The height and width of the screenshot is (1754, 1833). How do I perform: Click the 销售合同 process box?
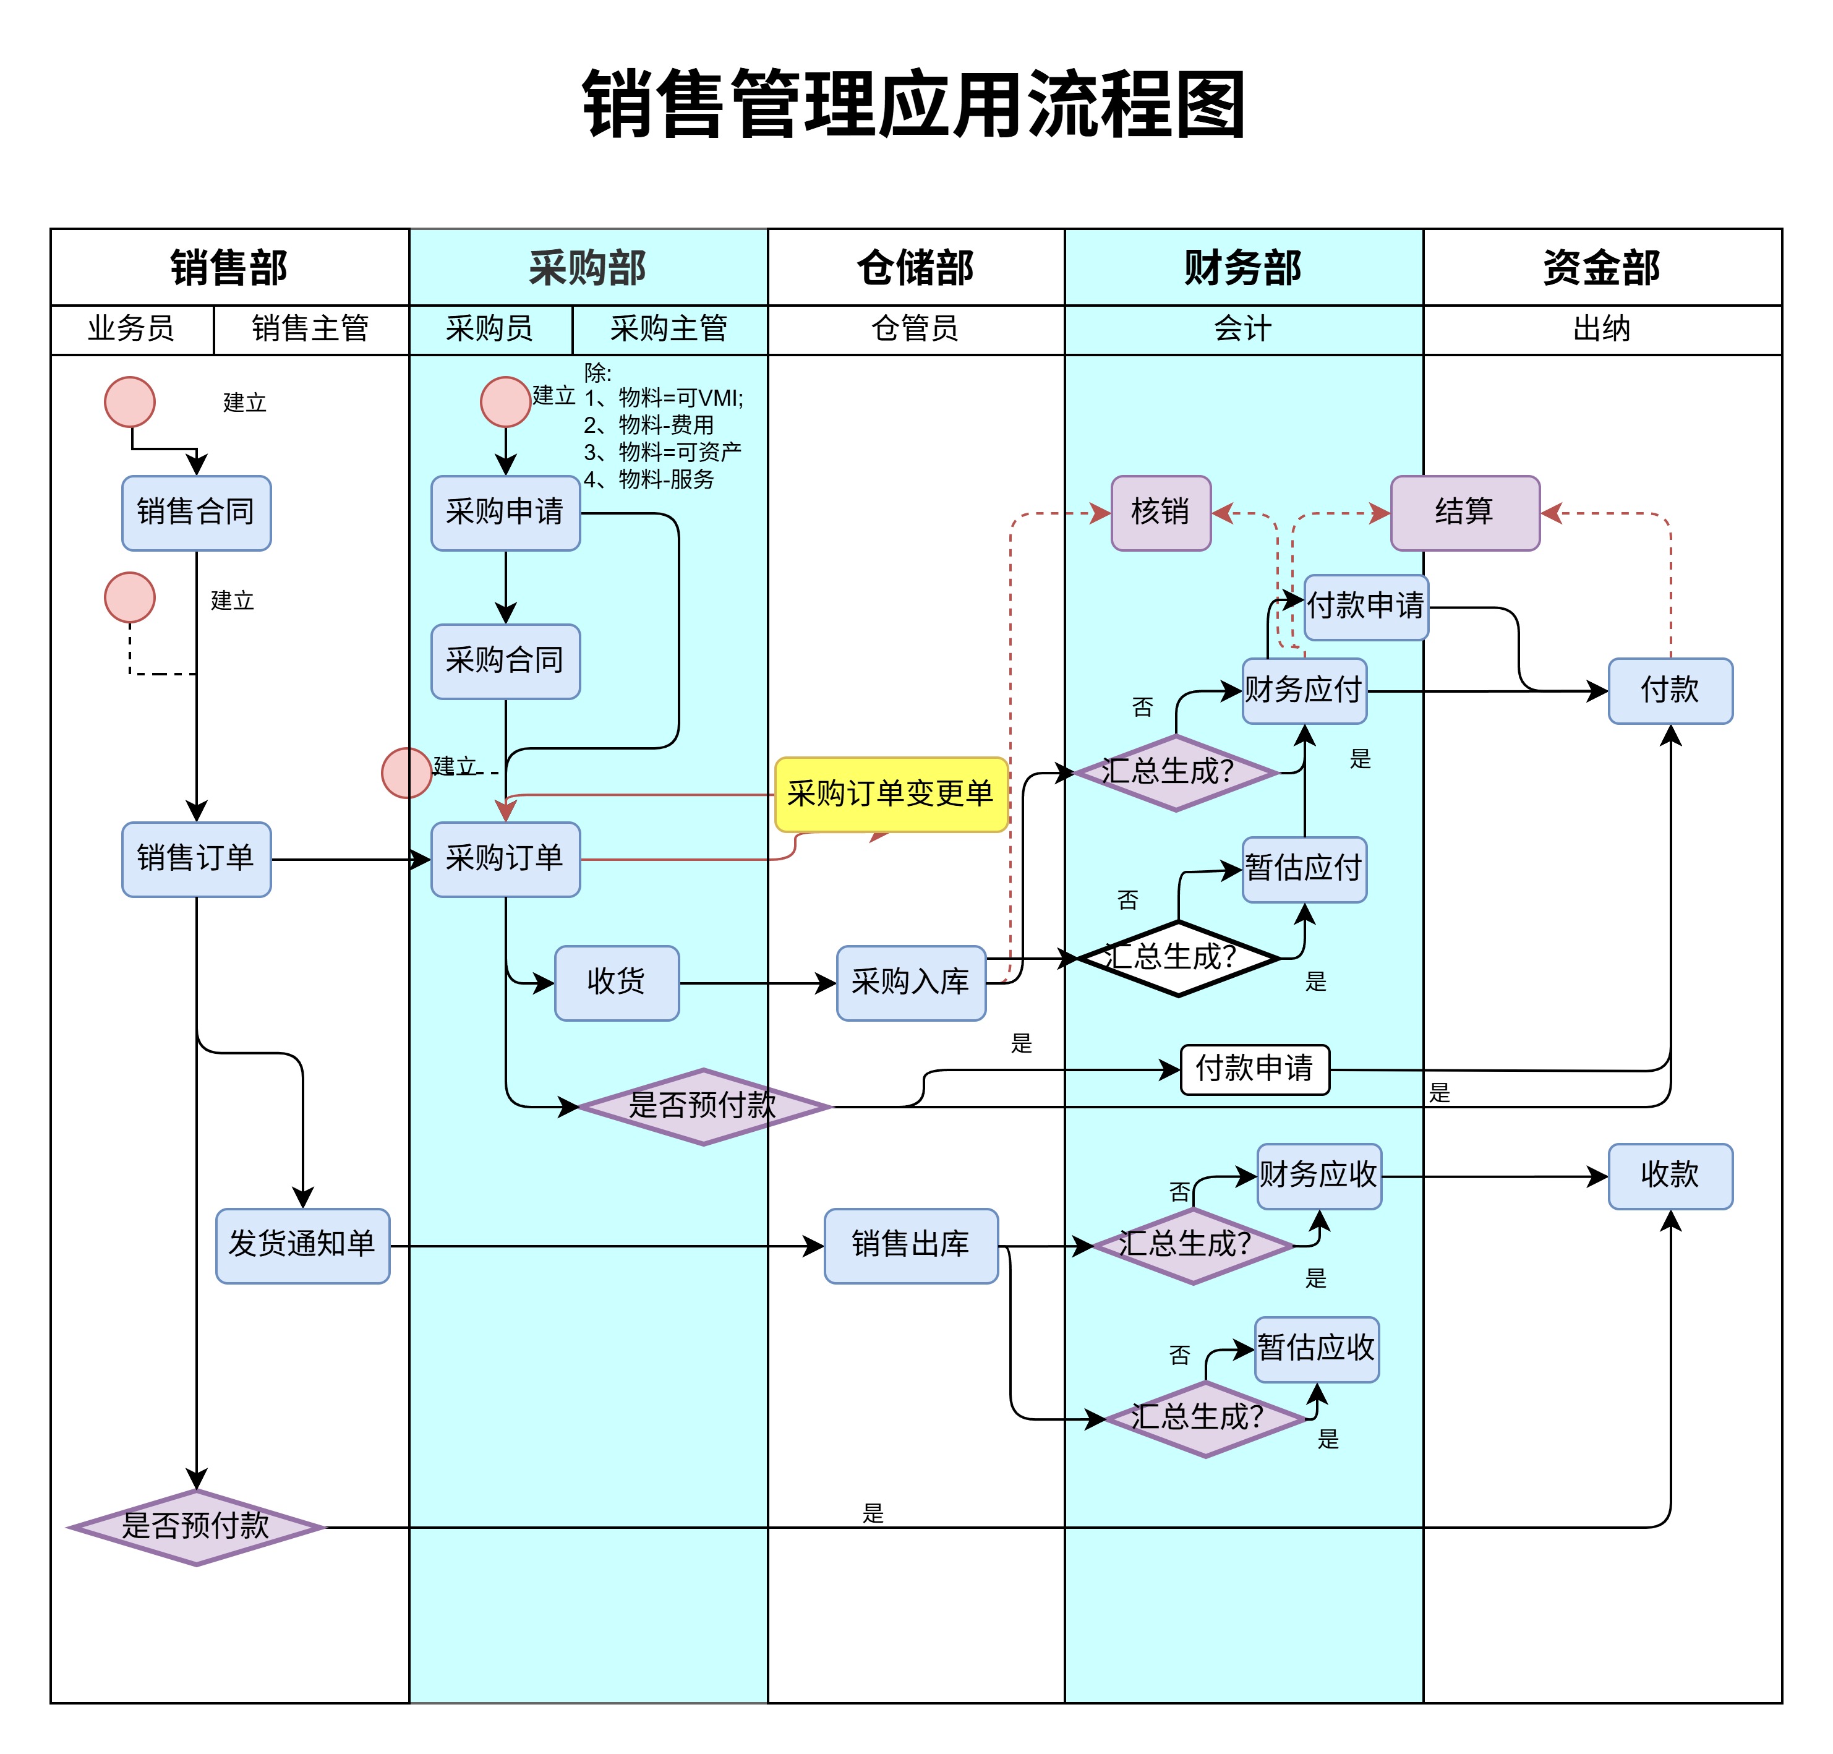click(195, 512)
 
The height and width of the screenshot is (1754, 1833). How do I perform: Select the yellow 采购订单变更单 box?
click(890, 794)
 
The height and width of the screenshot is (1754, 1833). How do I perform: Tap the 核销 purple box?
click(1160, 512)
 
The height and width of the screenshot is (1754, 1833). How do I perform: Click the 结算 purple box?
click(1464, 512)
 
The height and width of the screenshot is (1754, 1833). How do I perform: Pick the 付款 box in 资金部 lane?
click(1669, 690)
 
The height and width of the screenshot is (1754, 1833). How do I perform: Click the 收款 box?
click(1669, 1175)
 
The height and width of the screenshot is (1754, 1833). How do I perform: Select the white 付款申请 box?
click(1254, 1069)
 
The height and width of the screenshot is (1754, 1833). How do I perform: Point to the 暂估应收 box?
click(1316, 1348)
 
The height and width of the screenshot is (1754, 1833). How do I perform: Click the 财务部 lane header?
click(1242, 267)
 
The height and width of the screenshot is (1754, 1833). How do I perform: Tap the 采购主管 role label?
click(669, 329)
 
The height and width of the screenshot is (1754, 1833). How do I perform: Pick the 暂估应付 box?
click(1304, 868)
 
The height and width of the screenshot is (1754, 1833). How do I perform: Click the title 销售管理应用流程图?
click(913, 105)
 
